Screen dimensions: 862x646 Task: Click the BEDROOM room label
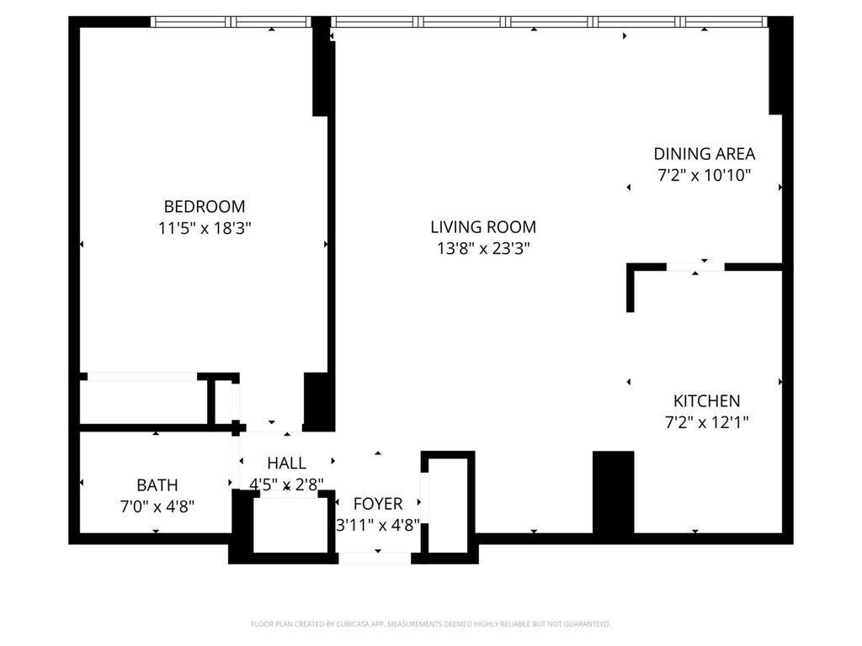(205, 207)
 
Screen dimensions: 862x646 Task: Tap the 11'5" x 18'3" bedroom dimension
(205, 228)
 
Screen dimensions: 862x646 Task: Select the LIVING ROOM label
(483, 227)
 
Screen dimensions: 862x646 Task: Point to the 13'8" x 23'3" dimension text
(483, 249)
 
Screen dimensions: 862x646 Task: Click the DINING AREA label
(705, 154)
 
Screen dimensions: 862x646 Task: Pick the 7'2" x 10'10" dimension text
(705, 175)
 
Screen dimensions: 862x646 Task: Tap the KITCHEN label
(706, 401)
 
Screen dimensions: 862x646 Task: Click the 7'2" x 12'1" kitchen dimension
(706, 422)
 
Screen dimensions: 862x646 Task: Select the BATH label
(157, 485)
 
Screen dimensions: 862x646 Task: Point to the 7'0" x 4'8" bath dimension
(157, 506)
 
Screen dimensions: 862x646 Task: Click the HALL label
(286, 463)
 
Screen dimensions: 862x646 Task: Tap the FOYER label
(378, 504)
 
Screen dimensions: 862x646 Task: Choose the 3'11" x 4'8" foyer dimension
(378, 526)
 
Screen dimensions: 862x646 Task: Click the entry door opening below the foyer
(375, 559)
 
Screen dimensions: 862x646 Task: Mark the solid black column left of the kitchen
(613, 492)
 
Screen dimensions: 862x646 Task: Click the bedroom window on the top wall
(231, 21)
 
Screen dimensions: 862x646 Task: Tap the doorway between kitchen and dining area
(695, 267)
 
